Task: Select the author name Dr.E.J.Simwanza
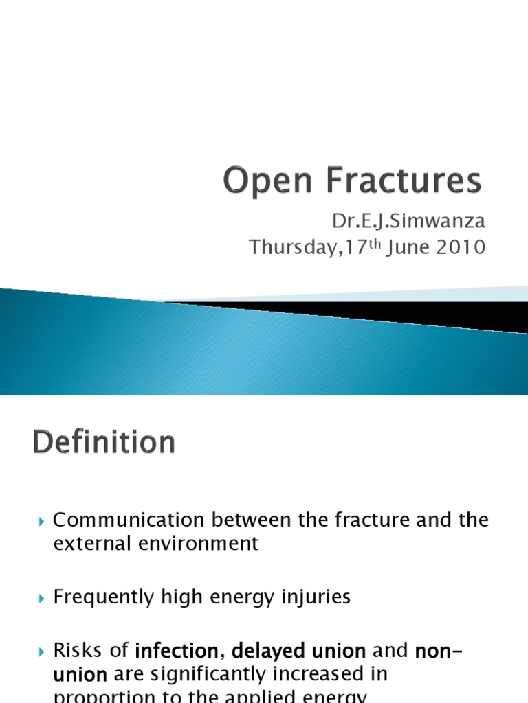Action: [408, 222]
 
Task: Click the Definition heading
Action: [103, 442]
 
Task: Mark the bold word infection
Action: [180, 650]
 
